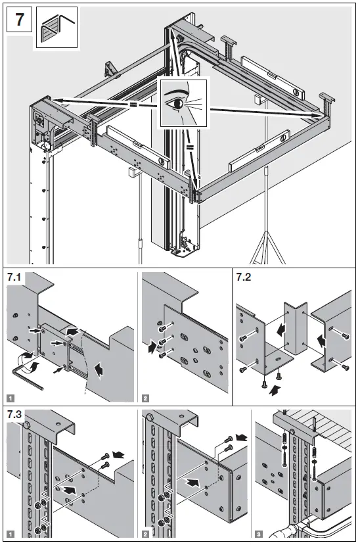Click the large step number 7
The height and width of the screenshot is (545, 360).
(x=19, y=19)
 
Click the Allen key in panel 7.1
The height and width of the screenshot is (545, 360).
(x=26, y=381)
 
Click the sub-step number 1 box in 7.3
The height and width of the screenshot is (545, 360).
(x=11, y=533)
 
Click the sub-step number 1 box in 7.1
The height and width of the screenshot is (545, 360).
(x=11, y=397)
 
